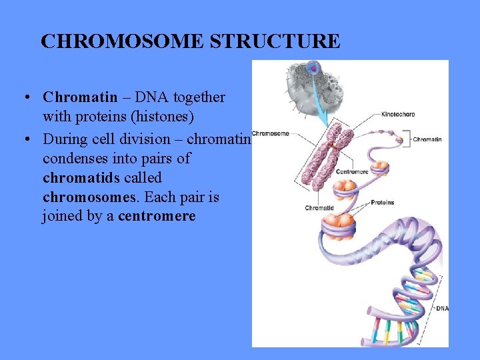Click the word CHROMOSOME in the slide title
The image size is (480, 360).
point(123,41)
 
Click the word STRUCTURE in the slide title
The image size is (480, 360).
point(275,41)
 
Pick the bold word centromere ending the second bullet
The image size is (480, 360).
point(157,217)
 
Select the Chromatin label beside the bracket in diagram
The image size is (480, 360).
point(427,139)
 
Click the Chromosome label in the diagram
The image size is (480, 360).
point(271,133)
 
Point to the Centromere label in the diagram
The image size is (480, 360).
point(353,171)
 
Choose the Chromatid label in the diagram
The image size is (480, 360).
point(319,208)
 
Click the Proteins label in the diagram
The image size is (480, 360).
point(382,202)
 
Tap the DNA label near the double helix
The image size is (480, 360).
point(442,309)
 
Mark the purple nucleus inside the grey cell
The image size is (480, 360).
point(314,67)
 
